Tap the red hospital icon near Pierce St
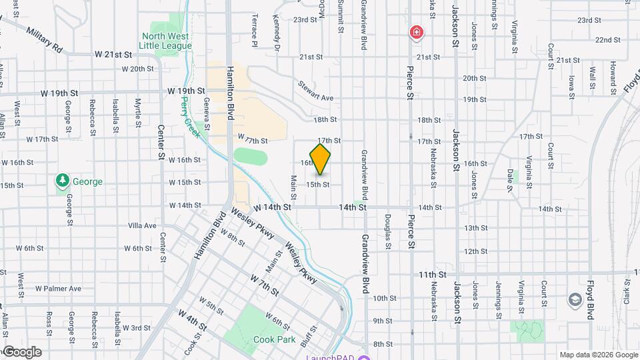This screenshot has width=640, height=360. (417, 32)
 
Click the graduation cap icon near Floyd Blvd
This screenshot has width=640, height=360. (574, 300)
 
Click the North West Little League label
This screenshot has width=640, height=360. (165, 41)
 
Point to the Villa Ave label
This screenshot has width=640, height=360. (142, 225)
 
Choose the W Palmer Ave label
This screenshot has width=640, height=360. (58, 289)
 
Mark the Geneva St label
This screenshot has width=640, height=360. (207, 114)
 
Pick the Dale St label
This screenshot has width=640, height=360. (510, 179)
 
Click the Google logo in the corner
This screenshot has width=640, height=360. (21, 352)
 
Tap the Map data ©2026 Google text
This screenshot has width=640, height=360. (598, 355)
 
